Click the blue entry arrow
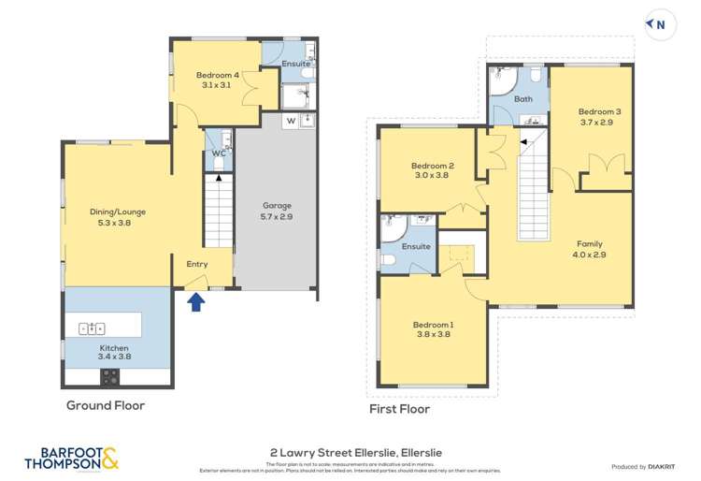click(x=196, y=302)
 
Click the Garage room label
click(x=278, y=211)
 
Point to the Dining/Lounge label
click(x=118, y=217)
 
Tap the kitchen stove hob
click(x=110, y=377)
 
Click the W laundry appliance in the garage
click(x=292, y=122)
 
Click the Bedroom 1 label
click(x=433, y=329)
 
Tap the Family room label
click(x=589, y=248)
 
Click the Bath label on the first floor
click(x=523, y=99)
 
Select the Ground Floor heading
click(x=106, y=406)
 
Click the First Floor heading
click(x=400, y=409)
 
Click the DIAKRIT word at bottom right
click(x=666, y=466)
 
